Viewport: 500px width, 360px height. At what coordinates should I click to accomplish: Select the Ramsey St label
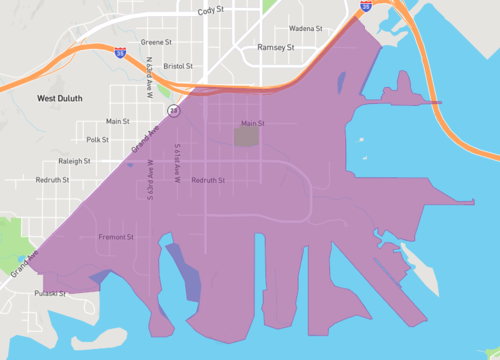276,48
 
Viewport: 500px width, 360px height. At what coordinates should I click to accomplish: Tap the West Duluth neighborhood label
60,98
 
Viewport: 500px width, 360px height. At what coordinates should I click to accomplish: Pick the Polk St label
97,140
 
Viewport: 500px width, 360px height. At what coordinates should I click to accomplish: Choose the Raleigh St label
74,160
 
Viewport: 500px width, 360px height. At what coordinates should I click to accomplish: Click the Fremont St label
117,237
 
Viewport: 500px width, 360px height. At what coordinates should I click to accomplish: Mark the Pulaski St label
49,294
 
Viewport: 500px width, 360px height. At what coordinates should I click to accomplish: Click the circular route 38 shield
173,111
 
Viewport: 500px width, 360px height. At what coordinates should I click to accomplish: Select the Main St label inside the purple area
252,124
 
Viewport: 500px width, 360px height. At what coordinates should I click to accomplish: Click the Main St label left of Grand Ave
119,121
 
